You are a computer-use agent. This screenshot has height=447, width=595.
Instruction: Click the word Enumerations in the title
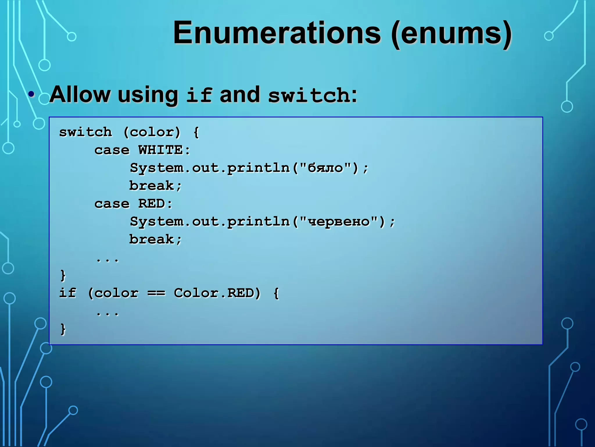click(277, 33)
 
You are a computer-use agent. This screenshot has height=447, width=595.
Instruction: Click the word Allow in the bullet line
click(80, 95)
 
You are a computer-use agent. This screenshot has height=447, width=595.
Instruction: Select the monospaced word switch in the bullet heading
click(309, 95)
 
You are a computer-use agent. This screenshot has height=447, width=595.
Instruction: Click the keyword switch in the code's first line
click(85, 132)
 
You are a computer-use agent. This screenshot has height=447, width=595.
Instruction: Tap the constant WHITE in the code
click(160, 150)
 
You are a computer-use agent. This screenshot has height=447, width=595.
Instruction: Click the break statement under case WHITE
click(152, 186)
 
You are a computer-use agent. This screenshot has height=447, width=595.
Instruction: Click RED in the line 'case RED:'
click(152, 204)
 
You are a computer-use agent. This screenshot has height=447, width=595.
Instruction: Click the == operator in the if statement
click(156, 293)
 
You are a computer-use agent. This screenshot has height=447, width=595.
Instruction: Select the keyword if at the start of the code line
click(67, 293)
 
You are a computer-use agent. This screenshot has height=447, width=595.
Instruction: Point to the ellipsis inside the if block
click(107, 314)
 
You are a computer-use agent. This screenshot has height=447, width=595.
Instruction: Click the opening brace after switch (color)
click(196, 132)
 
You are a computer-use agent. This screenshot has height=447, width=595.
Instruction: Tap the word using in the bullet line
click(148, 95)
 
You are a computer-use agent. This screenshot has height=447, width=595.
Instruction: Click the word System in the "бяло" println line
click(156, 168)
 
